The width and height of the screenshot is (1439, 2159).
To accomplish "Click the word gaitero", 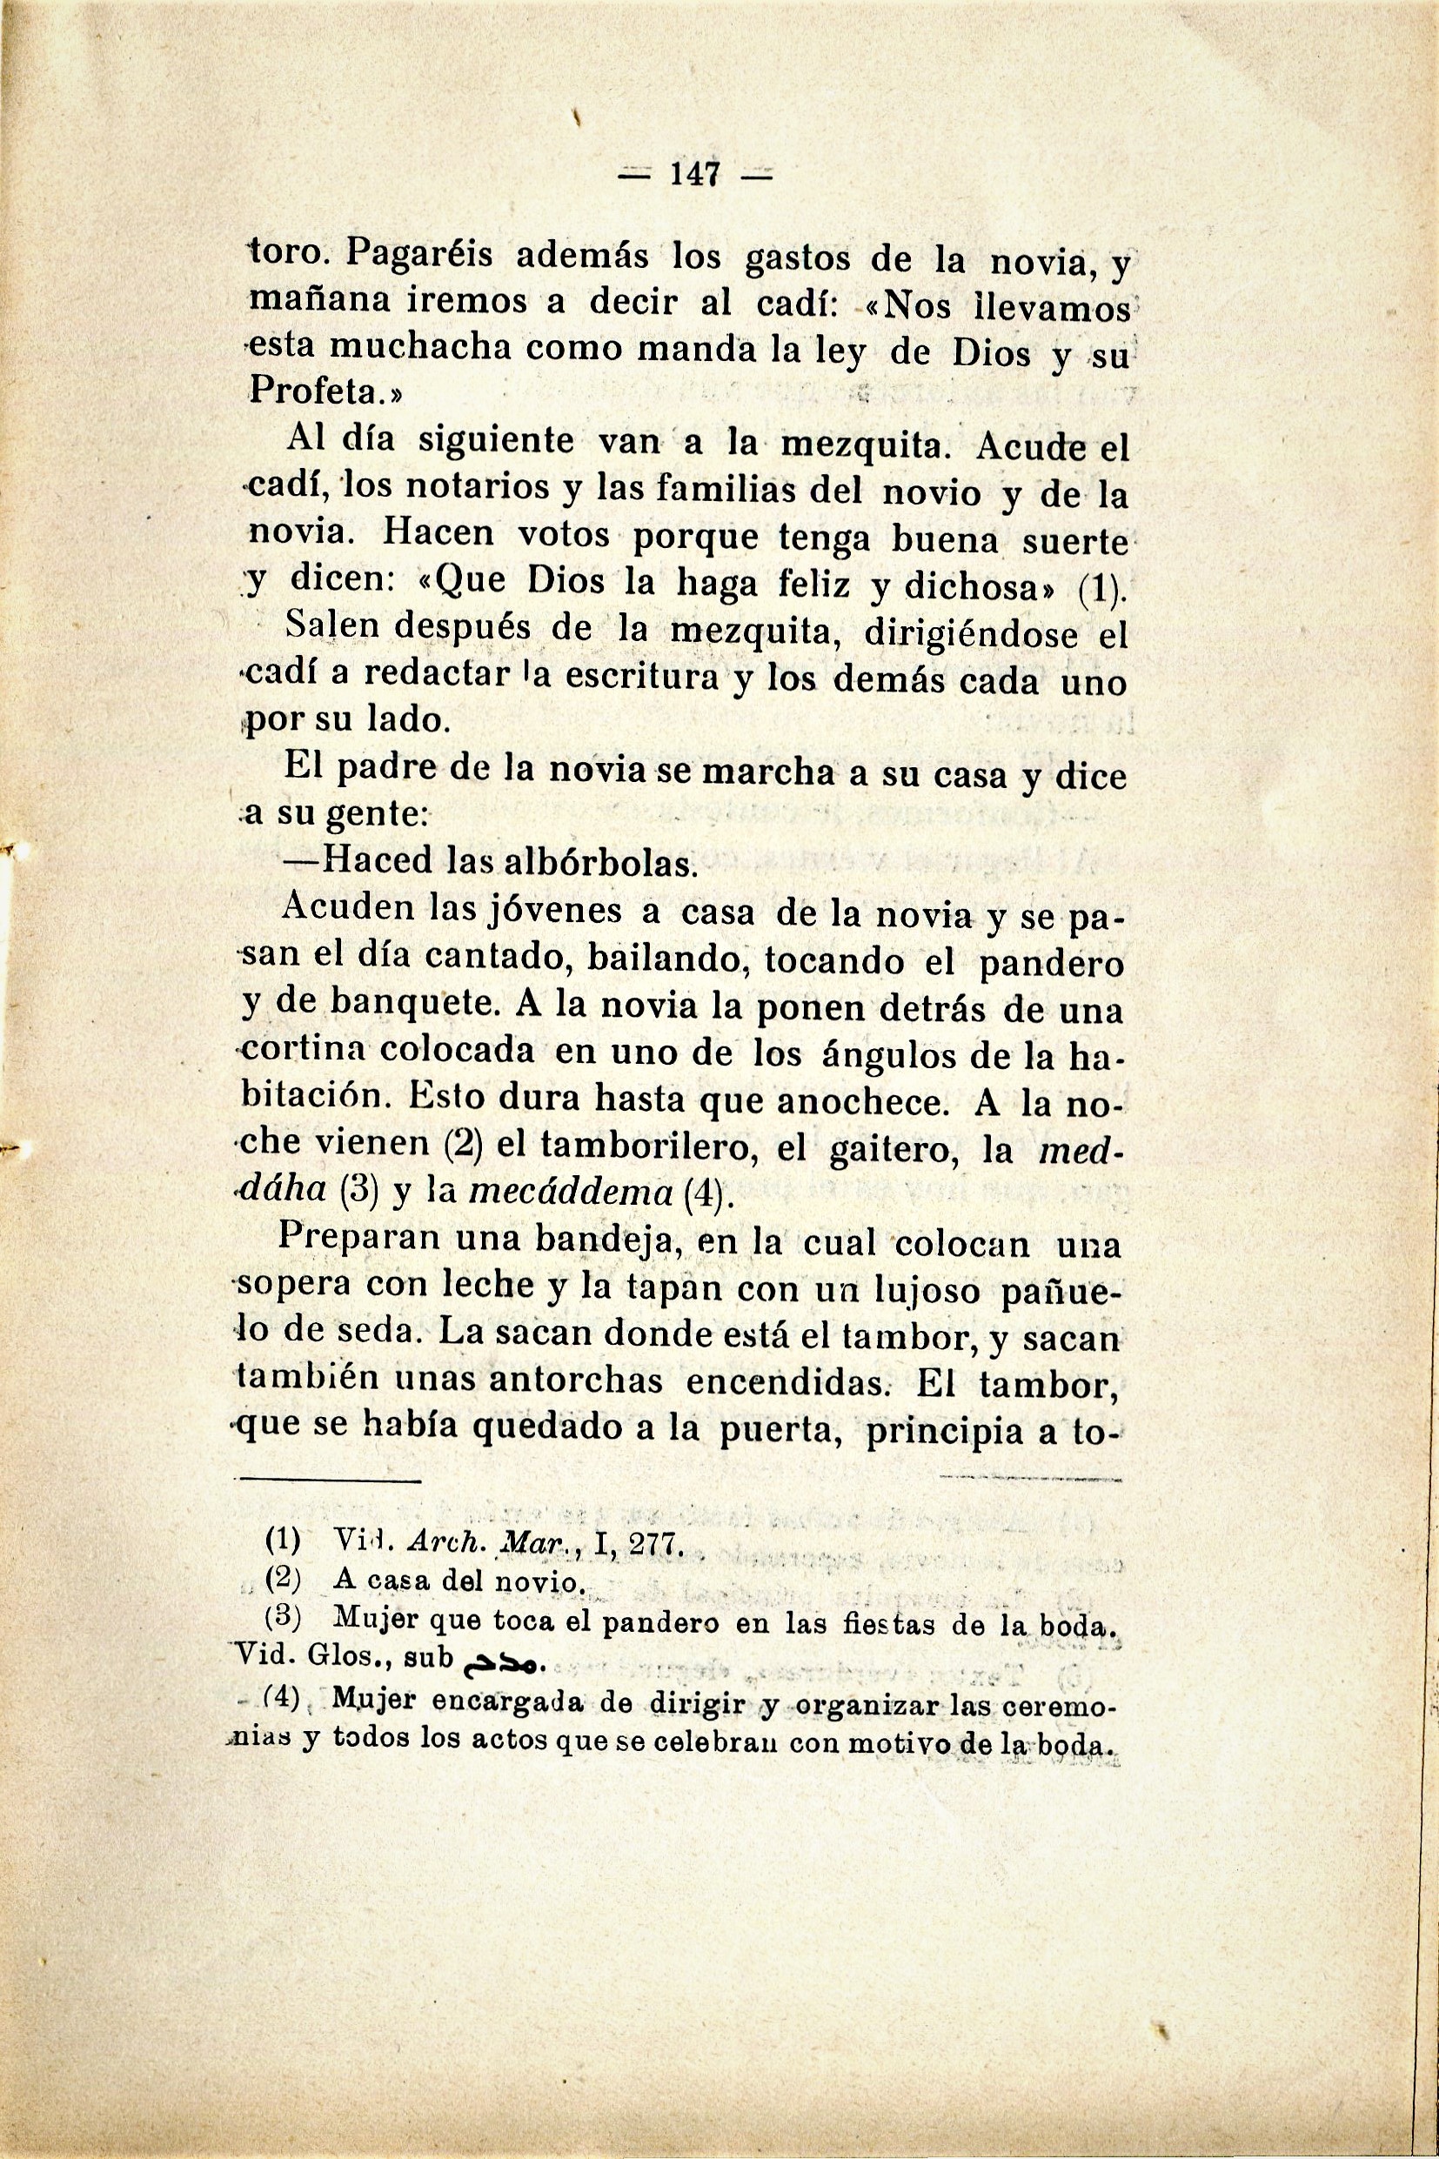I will pos(891,1148).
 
